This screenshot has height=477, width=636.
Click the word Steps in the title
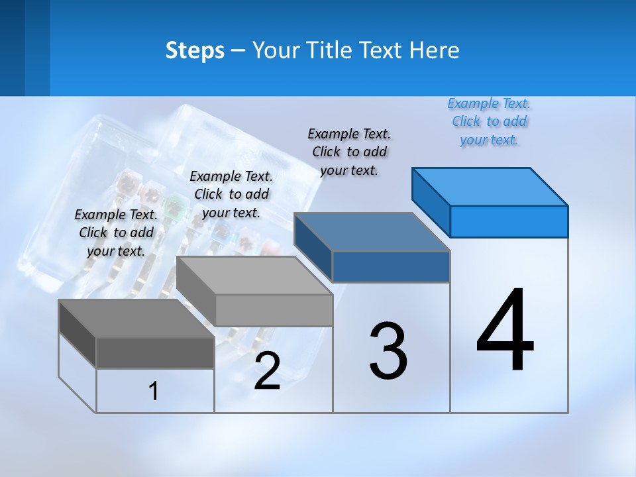pos(195,50)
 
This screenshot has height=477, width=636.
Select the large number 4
pos(505,331)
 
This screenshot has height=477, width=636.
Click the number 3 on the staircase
pos(388,351)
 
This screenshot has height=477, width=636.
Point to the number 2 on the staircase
pos(267,371)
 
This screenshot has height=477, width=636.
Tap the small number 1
pos(154,391)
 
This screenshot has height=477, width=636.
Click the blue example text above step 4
pos(489,121)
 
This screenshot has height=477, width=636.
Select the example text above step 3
pos(349,152)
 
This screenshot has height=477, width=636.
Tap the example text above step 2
pos(231,194)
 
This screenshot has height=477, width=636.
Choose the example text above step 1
pos(116,233)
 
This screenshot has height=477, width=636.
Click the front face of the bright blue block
pos(509,221)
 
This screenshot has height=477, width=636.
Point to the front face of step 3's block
pos(391,266)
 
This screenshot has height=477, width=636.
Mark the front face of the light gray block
pos(274,310)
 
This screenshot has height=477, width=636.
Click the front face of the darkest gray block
pos(155,352)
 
